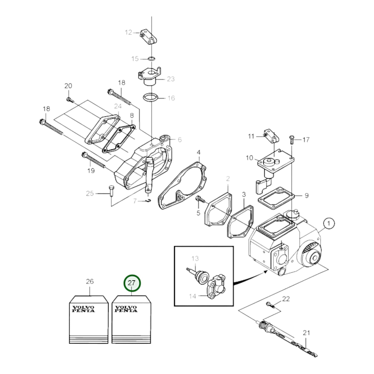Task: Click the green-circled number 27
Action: pyautogui.click(x=132, y=283)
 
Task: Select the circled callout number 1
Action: pyautogui.click(x=329, y=224)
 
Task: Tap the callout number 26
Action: pyautogui.click(x=90, y=281)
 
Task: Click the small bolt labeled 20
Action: pyautogui.click(x=70, y=100)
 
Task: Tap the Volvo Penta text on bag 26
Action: pyautogui.click(x=83, y=309)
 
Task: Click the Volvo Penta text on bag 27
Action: pyautogui.click(x=126, y=309)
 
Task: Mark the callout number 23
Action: pyautogui.click(x=171, y=79)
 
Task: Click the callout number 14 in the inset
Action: pyautogui.click(x=192, y=296)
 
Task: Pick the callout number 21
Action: pyautogui.click(x=306, y=333)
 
